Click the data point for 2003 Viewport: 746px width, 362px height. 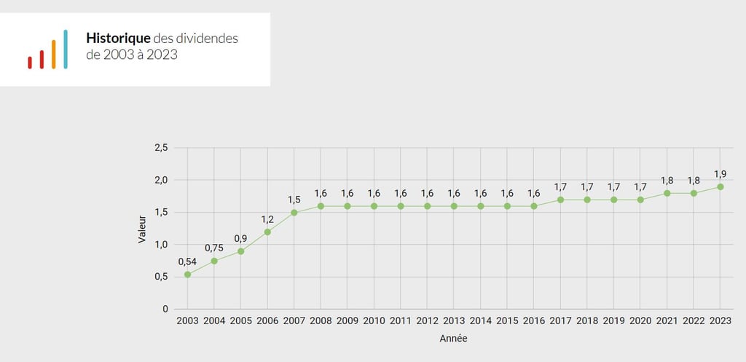point(187,275)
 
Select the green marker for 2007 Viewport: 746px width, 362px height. point(294,213)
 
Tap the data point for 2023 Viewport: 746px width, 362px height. point(721,186)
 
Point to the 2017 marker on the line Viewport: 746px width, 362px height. point(560,200)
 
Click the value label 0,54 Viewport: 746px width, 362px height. point(187,261)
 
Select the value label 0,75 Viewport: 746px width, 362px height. point(213,248)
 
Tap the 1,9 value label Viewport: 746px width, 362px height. point(721,173)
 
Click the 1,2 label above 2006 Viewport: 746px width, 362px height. point(267,219)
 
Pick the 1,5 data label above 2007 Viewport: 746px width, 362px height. point(294,200)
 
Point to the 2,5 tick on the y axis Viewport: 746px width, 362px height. point(161,148)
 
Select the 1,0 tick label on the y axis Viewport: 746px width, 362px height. point(161,245)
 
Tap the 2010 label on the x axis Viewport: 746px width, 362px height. point(374,321)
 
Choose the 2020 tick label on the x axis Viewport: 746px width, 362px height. point(640,321)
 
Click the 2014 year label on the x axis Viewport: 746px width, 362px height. point(480,321)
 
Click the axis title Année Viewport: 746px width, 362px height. point(454,339)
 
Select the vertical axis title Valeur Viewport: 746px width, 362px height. point(143,228)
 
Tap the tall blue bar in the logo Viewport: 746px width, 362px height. point(66,49)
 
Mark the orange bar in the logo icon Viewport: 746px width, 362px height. point(54,54)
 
